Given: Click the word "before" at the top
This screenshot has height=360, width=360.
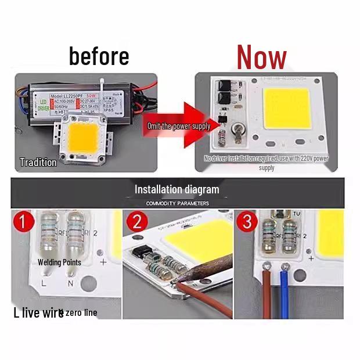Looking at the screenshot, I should [99, 56].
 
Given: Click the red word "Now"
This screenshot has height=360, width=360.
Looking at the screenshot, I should [261, 57].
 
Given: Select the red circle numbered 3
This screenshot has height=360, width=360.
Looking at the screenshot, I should [247, 222].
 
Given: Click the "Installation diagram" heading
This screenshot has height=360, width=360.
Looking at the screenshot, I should [177, 189].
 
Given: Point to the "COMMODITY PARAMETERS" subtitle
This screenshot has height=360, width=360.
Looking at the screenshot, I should [177, 203].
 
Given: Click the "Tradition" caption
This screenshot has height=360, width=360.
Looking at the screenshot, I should [38, 163].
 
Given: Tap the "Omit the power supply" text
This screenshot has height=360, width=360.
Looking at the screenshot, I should [178, 126].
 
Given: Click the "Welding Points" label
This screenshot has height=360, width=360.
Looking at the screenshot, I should [59, 262].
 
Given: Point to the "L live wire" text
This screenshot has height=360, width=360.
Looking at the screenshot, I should [38, 313].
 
